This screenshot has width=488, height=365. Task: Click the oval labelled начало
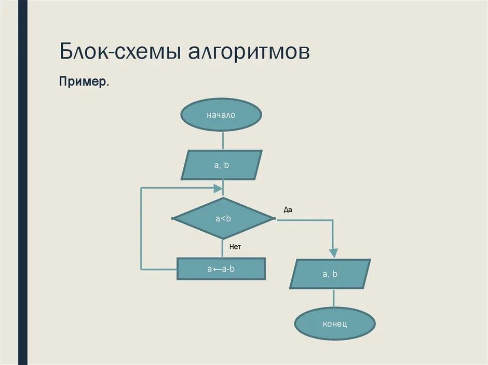(x=222, y=115)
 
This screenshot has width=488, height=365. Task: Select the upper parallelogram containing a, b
(x=222, y=165)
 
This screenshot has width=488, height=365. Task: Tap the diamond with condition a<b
(x=223, y=218)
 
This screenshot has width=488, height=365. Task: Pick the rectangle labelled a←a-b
(x=221, y=269)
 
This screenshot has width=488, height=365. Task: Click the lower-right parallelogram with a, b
(x=330, y=274)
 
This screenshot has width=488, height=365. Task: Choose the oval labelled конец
(x=334, y=324)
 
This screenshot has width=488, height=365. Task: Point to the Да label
(x=288, y=210)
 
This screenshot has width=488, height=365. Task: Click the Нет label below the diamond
(x=235, y=247)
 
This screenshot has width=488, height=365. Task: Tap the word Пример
(x=84, y=82)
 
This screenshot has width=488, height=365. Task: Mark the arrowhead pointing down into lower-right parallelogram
(x=333, y=253)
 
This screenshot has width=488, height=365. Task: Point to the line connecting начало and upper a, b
(x=223, y=141)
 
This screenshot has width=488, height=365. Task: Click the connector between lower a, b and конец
(x=333, y=298)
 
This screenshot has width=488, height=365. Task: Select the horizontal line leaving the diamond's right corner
(x=304, y=220)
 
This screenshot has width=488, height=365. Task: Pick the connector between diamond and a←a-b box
(x=223, y=249)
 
